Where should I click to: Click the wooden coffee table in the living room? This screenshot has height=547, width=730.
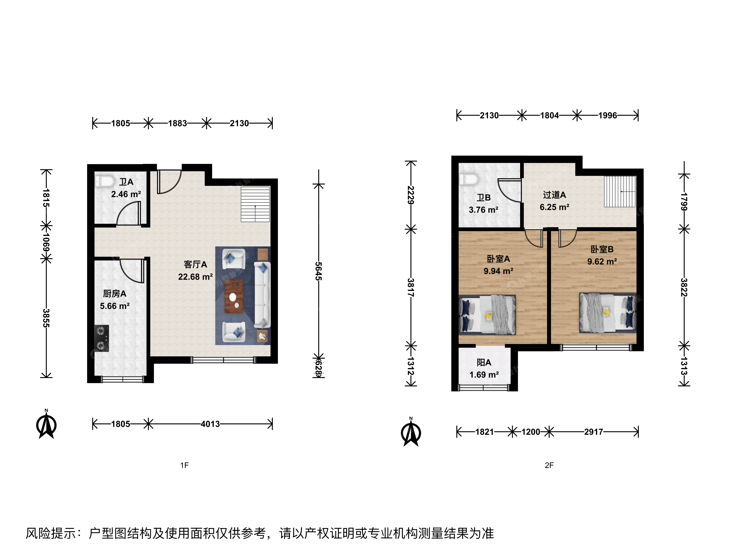234,296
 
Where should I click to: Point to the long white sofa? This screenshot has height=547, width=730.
262,295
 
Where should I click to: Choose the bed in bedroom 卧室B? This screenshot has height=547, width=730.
608,312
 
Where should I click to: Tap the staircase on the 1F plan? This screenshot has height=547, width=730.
255,204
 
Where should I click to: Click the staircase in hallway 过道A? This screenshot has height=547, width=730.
620,191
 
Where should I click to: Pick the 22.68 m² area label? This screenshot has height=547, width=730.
195,277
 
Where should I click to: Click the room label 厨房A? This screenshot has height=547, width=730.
115,294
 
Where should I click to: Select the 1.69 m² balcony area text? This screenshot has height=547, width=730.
484,375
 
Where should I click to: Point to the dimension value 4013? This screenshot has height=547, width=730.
210,424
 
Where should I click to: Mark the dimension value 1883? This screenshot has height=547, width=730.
177,123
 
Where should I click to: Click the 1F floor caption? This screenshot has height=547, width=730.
185,465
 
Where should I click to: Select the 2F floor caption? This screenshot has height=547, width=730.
549,465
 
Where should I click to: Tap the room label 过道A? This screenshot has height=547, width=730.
554,195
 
